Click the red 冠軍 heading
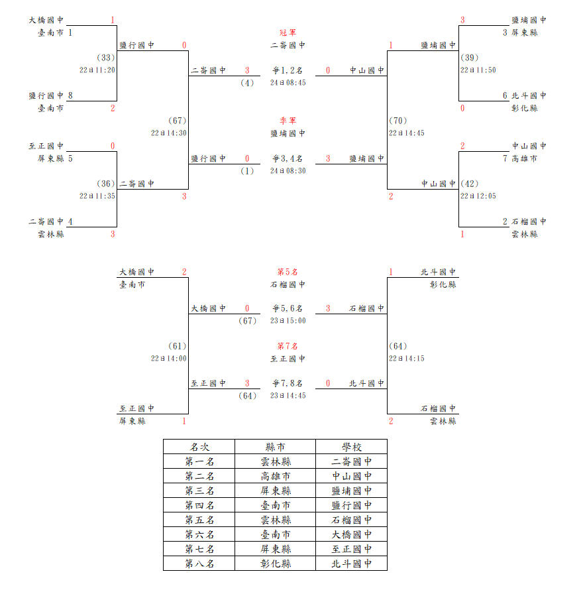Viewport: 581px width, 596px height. click(x=288, y=32)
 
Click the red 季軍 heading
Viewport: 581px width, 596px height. click(x=288, y=121)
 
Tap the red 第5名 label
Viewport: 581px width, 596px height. click(x=288, y=272)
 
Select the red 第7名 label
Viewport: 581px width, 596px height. click(x=288, y=346)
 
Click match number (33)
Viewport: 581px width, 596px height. click(x=106, y=58)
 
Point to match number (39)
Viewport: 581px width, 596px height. click(x=469, y=58)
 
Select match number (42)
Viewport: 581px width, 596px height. click(x=469, y=184)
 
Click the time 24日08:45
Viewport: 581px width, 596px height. click(x=288, y=83)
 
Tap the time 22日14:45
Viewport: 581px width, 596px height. click(x=406, y=133)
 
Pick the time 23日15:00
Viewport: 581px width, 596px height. click(x=288, y=321)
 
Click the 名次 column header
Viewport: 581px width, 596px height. click(x=199, y=447)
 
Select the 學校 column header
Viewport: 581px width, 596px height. click(x=352, y=447)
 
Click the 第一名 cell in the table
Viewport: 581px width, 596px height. click(x=199, y=461)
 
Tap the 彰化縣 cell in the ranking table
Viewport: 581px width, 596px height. click(x=276, y=564)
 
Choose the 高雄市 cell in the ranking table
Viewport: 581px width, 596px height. click(x=276, y=476)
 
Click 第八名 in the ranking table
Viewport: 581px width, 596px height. click(x=199, y=564)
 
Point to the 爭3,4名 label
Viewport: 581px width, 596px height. click(x=288, y=158)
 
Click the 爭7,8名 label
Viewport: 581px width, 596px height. click(x=288, y=383)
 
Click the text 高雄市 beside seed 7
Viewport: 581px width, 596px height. click(x=525, y=158)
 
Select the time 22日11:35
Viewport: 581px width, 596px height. click(x=97, y=196)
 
